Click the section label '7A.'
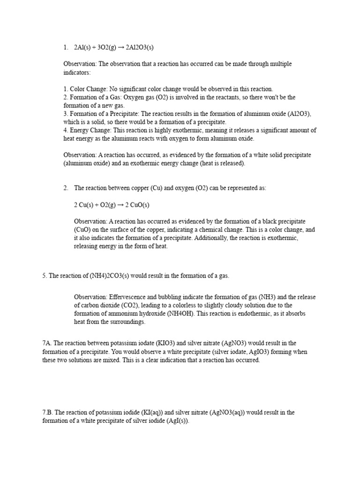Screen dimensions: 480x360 point(47,343)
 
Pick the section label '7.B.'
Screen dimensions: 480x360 point(48,412)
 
